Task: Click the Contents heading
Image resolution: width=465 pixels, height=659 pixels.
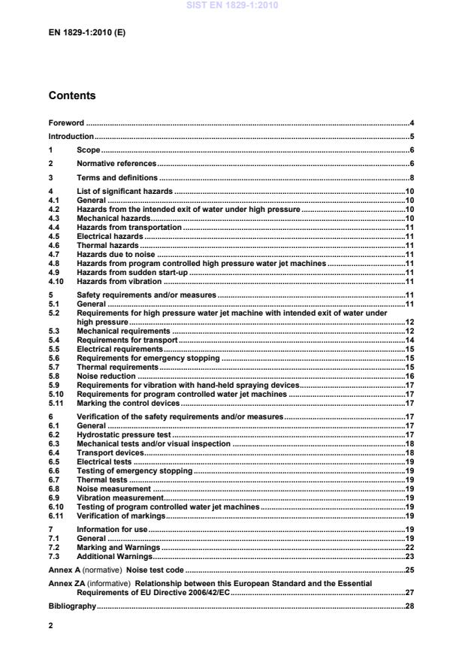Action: point(72,96)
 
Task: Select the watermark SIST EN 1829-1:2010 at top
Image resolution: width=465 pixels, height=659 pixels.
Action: point(232,6)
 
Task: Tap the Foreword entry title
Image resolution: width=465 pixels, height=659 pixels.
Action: point(67,122)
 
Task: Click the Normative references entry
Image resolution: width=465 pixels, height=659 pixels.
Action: point(116,163)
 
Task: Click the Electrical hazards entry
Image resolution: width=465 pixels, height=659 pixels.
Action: point(110,236)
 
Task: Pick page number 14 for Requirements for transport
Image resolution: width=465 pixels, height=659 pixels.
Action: point(410,340)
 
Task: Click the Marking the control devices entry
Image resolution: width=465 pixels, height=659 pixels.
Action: point(128,403)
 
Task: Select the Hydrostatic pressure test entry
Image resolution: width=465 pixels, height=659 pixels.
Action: point(125,434)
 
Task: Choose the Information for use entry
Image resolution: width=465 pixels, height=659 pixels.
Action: point(113,530)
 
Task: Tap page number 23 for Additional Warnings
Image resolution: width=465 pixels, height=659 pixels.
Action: point(410,557)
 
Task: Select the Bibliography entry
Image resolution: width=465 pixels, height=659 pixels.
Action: point(72,606)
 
